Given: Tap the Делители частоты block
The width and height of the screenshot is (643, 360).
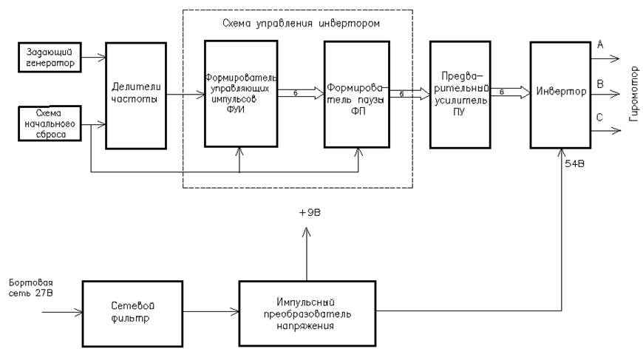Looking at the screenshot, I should coord(136,95).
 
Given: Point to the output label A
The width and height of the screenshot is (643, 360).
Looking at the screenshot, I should coord(599,44).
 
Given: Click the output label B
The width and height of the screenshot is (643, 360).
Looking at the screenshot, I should coord(599,84).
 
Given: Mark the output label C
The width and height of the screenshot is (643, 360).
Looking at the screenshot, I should coord(599,118).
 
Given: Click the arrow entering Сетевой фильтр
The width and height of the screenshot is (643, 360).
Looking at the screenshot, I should coord(62,312).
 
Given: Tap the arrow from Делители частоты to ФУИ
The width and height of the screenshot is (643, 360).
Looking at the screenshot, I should coord(186,95).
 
